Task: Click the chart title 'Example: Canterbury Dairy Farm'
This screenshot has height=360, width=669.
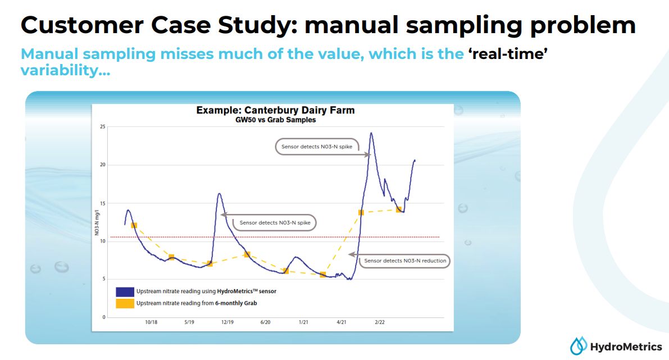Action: (275, 110)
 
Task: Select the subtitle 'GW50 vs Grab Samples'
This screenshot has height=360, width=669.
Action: (275, 120)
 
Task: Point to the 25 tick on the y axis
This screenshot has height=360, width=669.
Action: (102, 126)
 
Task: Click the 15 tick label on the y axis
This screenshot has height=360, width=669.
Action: (102, 203)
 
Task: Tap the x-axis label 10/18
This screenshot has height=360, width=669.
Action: (151, 322)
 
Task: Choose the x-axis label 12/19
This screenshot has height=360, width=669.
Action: (227, 322)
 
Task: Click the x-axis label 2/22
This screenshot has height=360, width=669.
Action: (379, 322)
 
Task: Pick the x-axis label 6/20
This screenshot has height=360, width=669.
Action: (265, 322)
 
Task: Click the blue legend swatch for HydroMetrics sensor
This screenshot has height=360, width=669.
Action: (125, 291)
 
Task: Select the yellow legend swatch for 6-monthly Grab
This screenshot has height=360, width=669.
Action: (125, 303)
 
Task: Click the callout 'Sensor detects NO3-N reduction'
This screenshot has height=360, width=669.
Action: (405, 261)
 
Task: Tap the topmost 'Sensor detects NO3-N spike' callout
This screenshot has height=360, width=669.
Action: (317, 146)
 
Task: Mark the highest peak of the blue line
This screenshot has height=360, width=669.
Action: (371, 134)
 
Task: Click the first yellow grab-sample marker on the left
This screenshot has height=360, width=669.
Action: (134, 225)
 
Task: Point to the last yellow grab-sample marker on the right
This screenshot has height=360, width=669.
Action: (399, 209)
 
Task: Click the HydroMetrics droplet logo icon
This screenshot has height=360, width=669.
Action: (578, 345)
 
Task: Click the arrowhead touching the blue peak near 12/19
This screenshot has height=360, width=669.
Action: (223, 215)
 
